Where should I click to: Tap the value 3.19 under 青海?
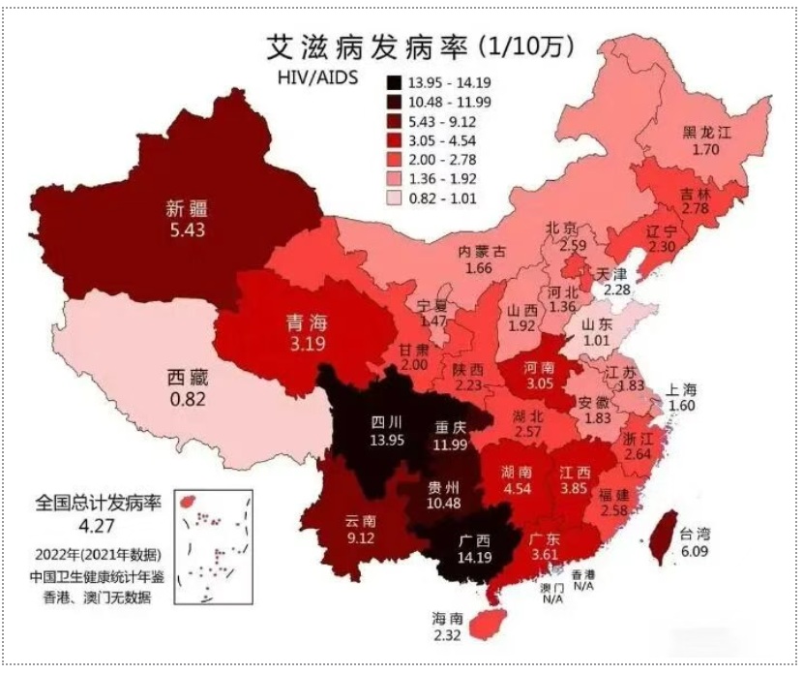pyautogui.click(x=306, y=342)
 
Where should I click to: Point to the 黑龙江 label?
pyautogui.click(x=707, y=134)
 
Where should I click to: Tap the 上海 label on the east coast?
pyautogui.click(x=682, y=389)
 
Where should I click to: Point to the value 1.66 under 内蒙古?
pyautogui.click(x=480, y=267)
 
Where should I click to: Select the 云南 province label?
pyautogui.click(x=358, y=521)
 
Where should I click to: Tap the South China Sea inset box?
pyautogui.click(x=212, y=547)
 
